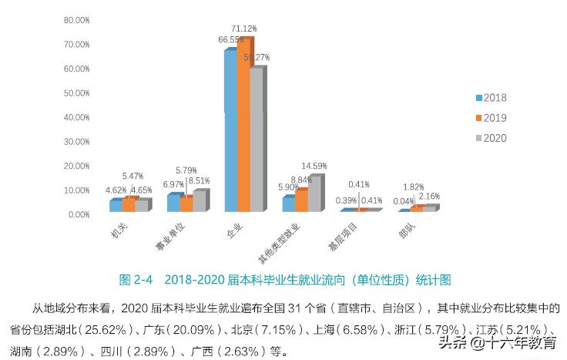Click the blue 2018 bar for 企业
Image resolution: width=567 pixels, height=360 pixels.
pos(230,131)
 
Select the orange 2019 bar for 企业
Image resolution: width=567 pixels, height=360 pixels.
pos(243,127)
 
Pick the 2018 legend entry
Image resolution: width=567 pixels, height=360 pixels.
pos(489,97)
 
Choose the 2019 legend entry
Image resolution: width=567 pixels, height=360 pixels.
pos(489,117)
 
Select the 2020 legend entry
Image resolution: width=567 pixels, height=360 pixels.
pos(489,137)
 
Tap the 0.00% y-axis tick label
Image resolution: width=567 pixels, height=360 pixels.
pos(79,214)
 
